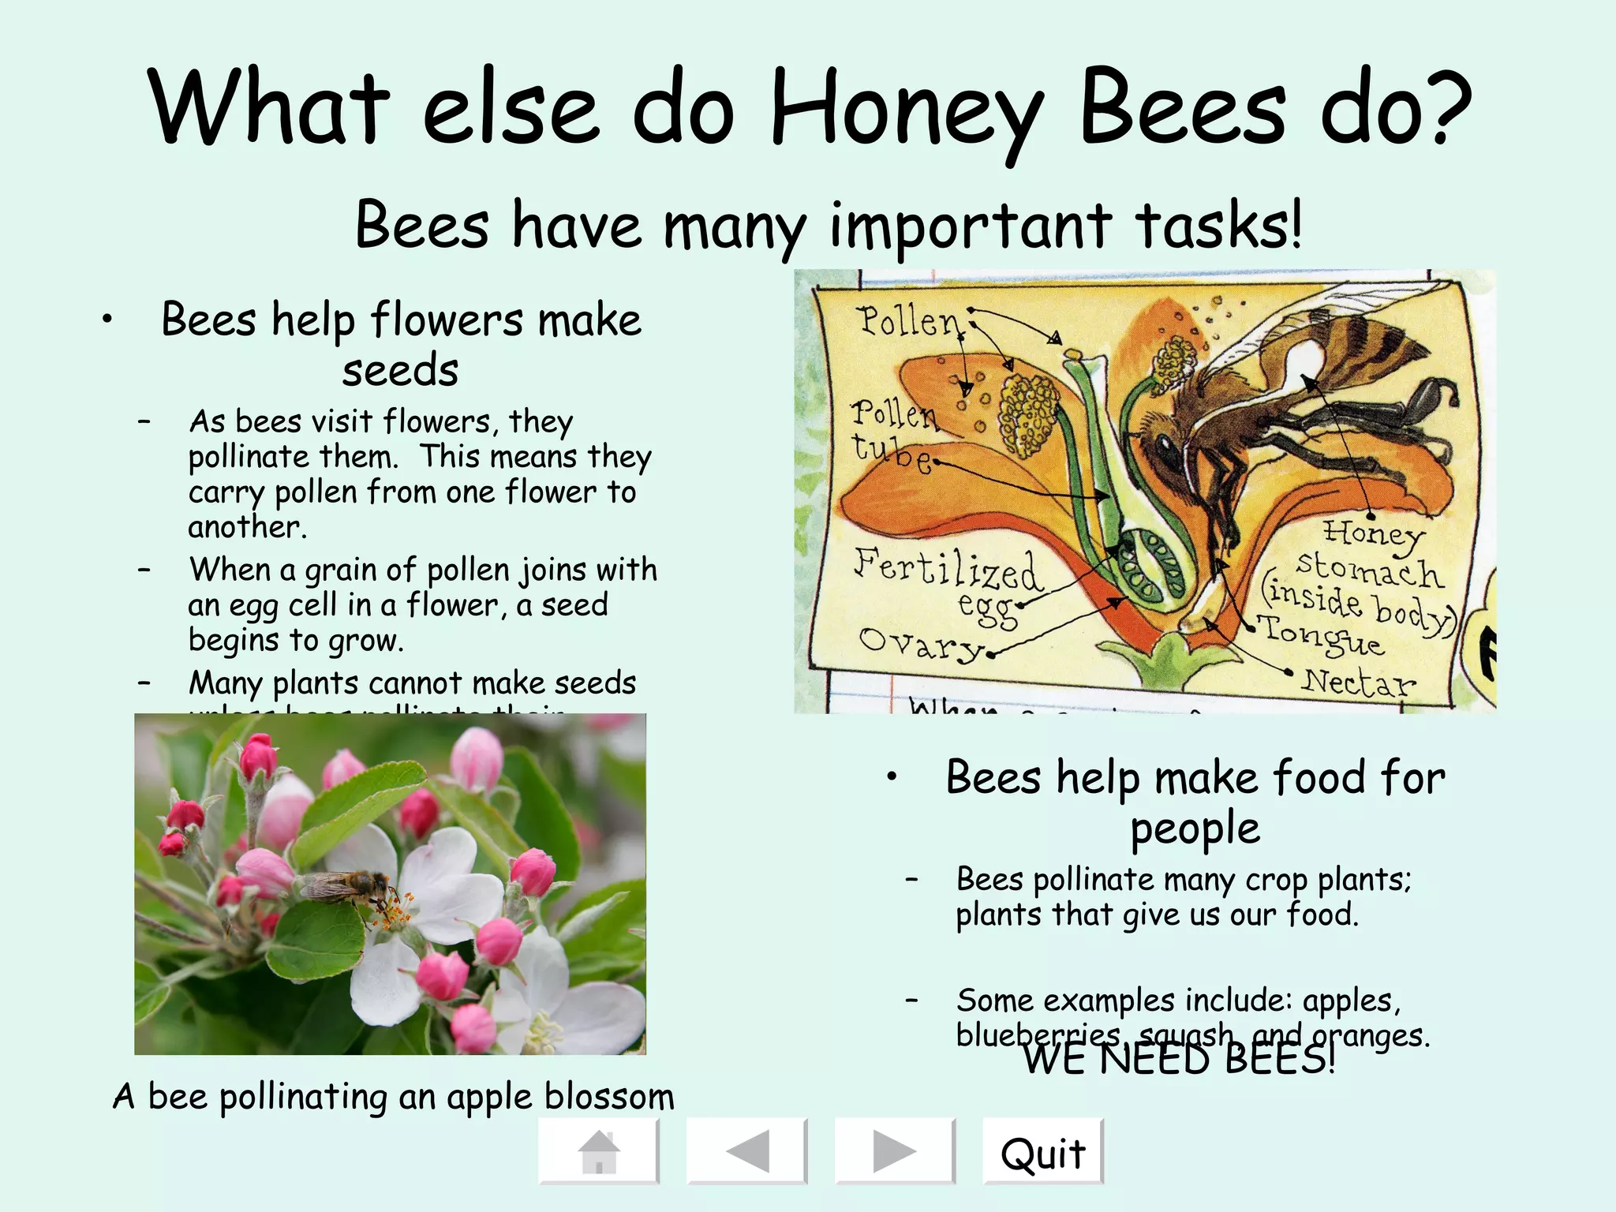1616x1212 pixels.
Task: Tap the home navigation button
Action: pos(598,1152)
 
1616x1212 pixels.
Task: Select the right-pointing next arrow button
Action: pos(895,1152)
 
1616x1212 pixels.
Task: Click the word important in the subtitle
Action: pos(971,226)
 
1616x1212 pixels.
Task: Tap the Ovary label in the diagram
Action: pos(920,643)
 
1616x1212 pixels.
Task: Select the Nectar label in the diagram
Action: pos(1357,681)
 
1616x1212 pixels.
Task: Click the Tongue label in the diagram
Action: pos(1322,636)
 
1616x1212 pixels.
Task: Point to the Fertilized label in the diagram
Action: pos(947,568)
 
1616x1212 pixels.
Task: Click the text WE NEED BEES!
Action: pos(1179,1060)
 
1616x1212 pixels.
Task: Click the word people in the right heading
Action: pos(1195,829)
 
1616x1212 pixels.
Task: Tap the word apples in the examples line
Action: pos(1350,1001)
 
